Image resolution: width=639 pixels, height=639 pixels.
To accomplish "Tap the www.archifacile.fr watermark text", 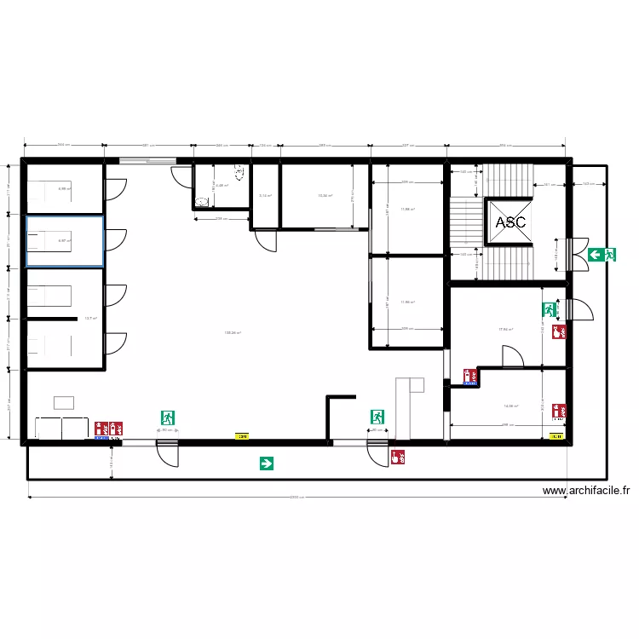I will tap(586, 491).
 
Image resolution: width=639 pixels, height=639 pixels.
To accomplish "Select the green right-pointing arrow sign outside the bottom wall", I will tap(267, 463).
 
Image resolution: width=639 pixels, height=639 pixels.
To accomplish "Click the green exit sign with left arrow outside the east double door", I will tap(602, 254).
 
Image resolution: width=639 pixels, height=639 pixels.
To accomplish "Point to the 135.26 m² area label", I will tap(233, 333).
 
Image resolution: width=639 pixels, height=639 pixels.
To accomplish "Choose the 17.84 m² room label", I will tap(506, 330).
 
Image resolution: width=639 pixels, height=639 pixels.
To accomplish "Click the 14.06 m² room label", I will tap(510, 407).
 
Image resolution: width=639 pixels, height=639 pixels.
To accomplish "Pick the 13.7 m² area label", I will tap(89, 319).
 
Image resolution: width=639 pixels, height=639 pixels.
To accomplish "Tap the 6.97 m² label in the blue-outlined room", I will tap(64, 241).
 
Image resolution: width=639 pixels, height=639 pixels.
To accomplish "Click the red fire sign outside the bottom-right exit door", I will tap(396, 457).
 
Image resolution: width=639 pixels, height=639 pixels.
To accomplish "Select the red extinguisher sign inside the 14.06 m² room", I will tap(559, 411).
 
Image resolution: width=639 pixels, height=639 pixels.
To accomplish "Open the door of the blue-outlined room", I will tap(115, 240).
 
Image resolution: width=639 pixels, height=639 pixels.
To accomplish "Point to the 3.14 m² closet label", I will tap(265, 196).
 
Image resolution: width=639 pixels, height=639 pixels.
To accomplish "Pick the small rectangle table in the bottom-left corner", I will tap(64, 402).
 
